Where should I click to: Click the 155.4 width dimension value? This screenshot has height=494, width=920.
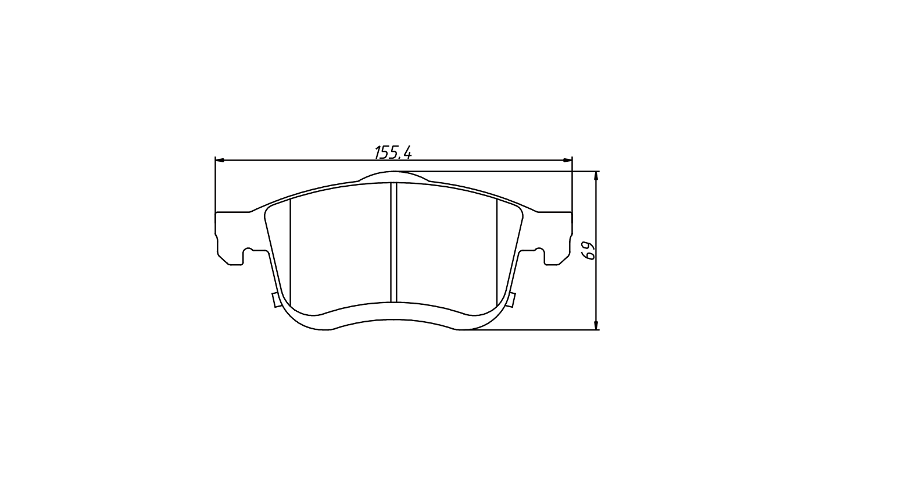point(393,152)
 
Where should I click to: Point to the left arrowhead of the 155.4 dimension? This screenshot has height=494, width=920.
point(220,160)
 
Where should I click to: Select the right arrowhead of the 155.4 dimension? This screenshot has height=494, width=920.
point(567,160)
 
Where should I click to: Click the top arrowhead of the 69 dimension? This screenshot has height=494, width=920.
point(596,176)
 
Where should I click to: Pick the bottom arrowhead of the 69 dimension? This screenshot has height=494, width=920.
point(596,325)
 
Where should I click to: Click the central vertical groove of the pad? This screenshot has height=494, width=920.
point(393,242)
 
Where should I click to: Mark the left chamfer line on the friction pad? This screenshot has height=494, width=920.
point(291,253)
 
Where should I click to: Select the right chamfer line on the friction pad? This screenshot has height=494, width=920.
point(497,253)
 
